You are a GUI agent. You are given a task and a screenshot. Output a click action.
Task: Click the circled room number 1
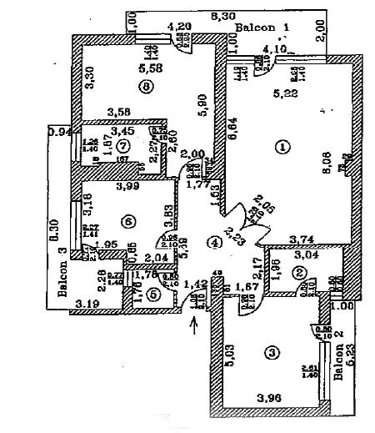pyautogui.click(x=282, y=147)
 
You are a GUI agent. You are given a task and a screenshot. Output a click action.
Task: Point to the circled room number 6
pyautogui.click(x=127, y=220)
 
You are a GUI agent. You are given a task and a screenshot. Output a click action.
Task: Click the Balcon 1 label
pyautogui.click(x=261, y=28)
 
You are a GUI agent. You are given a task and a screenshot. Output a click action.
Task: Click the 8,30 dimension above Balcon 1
pyautogui.click(x=221, y=16)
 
